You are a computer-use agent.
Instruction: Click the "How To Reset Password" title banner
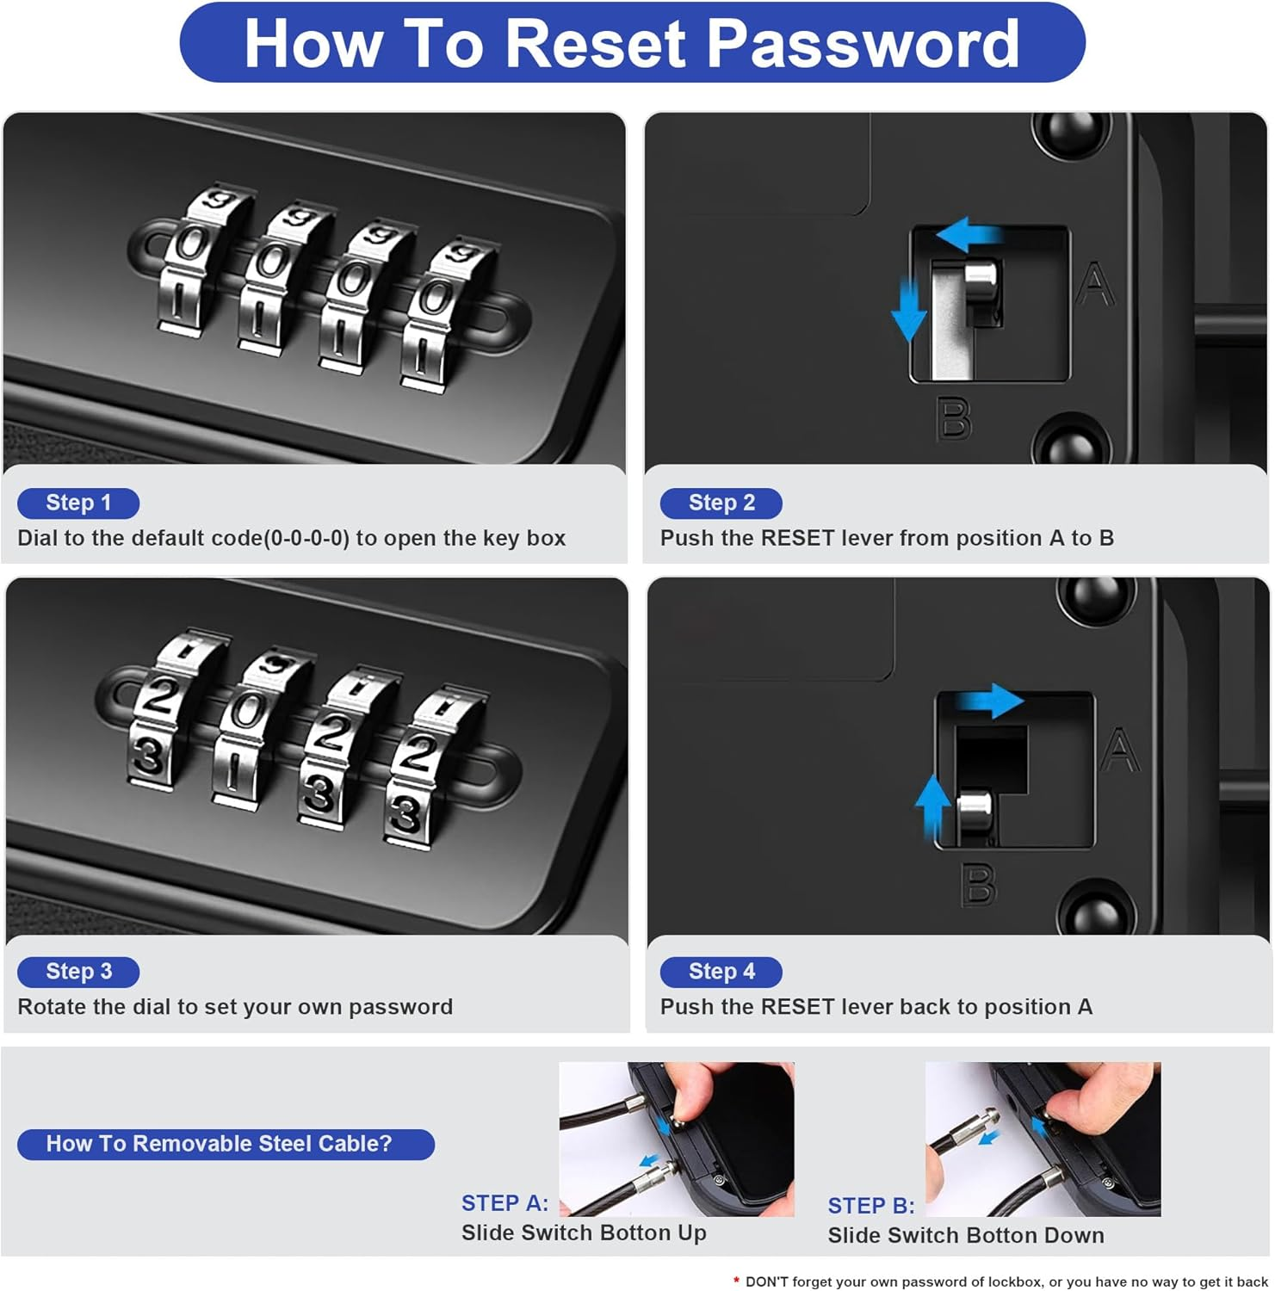632,42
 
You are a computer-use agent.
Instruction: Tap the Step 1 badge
78,503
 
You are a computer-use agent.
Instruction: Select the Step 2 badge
721,503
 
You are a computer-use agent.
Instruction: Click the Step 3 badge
78,972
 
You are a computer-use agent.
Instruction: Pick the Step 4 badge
721,972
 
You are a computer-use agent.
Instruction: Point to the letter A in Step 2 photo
1095,285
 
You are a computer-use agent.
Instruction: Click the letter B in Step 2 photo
954,419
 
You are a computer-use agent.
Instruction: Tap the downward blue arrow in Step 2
908,308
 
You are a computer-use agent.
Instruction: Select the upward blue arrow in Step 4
931,806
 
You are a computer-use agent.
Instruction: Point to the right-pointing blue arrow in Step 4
990,701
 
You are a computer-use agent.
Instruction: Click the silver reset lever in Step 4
975,813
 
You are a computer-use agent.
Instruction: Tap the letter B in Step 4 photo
979,885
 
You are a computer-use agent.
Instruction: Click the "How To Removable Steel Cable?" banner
226,1144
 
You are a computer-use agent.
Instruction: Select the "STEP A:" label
504,1203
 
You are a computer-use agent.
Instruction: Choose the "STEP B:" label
871,1206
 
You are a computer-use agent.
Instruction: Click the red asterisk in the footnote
736,1282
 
